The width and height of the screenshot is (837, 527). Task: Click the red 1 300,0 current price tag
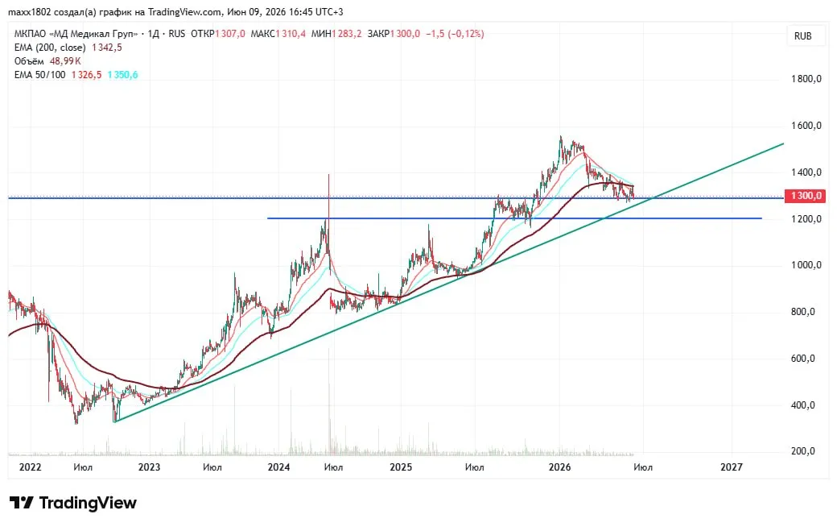point(805,196)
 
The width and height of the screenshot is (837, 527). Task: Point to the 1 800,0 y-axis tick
point(806,79)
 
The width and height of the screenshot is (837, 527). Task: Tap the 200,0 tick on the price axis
point(803,451)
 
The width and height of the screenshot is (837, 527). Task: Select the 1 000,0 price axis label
point(806,265)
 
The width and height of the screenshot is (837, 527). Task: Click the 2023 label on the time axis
point(149,467)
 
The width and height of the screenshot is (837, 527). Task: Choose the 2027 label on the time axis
point(732,467)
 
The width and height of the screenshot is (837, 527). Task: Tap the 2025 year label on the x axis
point(401,467)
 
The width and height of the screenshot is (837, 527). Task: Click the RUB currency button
point(803,35)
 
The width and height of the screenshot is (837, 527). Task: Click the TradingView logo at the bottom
point(73,503)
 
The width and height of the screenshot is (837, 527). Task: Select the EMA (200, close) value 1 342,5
point(107,48)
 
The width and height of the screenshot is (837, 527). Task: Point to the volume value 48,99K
point(65,61)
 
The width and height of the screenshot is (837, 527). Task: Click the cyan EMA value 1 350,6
point(123,75)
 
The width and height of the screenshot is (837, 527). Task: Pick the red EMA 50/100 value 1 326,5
point(86,75)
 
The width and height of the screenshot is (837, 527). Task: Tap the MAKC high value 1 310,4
point(291,34)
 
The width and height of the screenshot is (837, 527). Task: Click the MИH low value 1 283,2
point(347,34)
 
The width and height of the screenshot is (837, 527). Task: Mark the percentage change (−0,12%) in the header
point(465,34)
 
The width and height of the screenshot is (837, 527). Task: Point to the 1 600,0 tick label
point(806,126)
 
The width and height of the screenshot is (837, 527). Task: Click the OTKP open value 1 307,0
point(230,34)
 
